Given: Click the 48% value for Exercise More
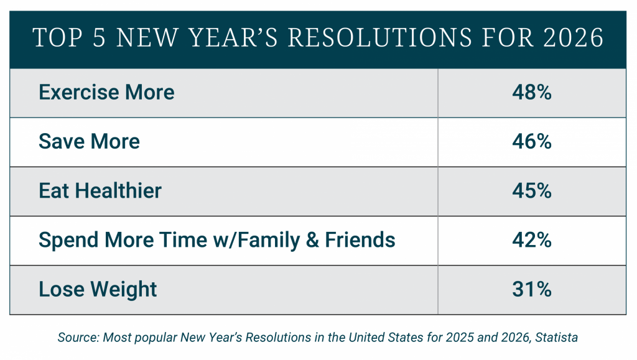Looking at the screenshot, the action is pyautogui.click(x=531, y=92).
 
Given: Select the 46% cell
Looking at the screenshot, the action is pyautogui.click(x=531, y=141).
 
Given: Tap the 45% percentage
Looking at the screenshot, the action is pyautogui.click(x=531, y=190).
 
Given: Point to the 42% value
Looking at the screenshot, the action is pyautogui.click(x=531, y=240).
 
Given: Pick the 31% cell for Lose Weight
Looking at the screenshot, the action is pyautogui.click(x=531, y=289).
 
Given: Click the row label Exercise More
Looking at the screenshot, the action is pyautogui.click(x=106, y=92).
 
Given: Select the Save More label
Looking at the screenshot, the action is pyautogui.click(x=89, y=141).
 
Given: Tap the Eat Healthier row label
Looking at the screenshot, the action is pyautogui.click(x=100, y=190).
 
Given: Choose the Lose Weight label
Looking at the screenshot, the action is pyautogui.click(x=98, y=289).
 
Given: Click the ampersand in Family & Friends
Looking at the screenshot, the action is pyautogui.click(x=312, y=240).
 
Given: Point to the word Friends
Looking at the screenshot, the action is pyautogui.click(x=360, y=239).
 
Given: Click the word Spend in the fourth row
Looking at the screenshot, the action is pyautogui.click(x=69, y=240).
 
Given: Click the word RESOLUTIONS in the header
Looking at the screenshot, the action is pyautogui.click(x=380, y=37).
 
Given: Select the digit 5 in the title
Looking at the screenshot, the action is pyautogui.click(x=99, y=37).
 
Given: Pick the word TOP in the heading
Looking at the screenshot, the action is pyautogui.click(x=58, y=37).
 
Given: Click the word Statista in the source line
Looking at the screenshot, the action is pyautogui.click(x=556, y=337).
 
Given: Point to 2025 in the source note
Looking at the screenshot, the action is pyautogui.click(x=460, y=337).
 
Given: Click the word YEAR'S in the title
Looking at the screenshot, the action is pyautogui.click(x=233, y=37).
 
